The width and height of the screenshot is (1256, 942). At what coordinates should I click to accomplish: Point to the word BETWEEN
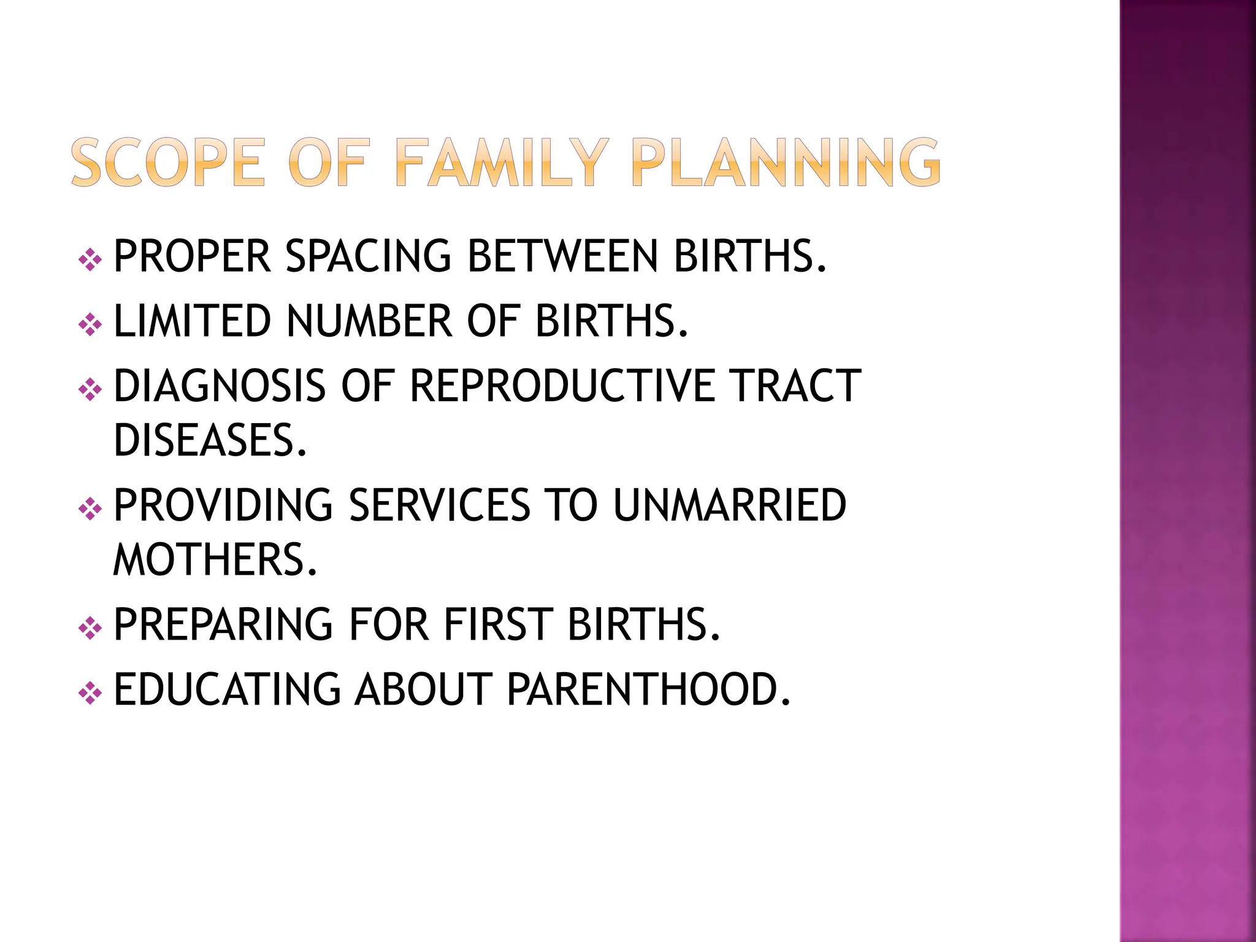click(562, 256)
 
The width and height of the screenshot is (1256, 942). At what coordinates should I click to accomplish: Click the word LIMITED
click(192, 321)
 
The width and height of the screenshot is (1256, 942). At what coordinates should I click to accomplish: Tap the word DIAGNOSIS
click(220, 386)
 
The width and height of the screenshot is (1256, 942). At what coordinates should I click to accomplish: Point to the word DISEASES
click(210, 440)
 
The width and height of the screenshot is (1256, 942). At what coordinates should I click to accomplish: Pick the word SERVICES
click(439, 506)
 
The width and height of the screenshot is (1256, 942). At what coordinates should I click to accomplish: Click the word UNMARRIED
click(730, 506)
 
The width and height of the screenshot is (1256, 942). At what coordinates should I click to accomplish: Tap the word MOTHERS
click(215, 560)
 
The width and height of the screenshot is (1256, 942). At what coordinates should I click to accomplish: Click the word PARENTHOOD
click(649, 690)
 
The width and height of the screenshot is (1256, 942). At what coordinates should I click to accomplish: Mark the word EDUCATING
click(227, 690)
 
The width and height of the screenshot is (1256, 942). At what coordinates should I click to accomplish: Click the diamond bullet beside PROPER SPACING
click(90, 260)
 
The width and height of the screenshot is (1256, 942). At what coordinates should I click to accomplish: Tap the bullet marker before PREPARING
click(90, 629)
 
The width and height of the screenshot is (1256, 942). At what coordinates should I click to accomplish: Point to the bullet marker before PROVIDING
click(90, 510)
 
